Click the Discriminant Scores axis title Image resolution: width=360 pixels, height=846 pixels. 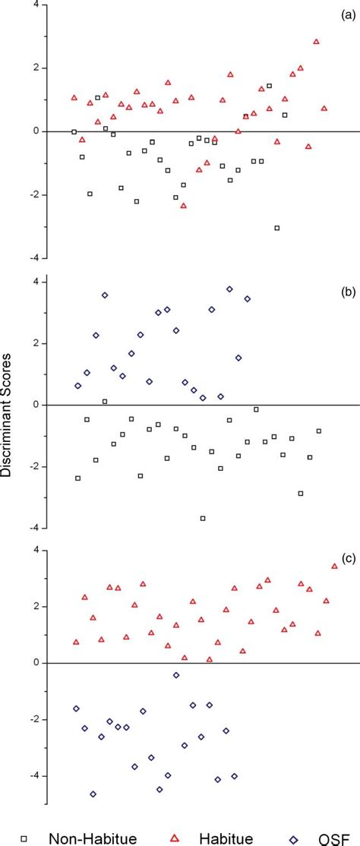click(x=10, y=426)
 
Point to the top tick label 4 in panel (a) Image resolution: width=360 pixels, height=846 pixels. click(x=36, y=5)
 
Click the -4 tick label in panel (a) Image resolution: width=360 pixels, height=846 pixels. click(x=33, y=257)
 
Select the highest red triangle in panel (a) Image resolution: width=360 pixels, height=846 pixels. click(x=316, y=42)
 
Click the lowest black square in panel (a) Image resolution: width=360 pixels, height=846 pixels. click(x=277, y=228)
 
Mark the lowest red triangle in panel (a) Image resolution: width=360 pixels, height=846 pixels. click(x=183, y=205)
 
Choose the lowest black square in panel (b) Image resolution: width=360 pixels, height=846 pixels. click(x=203, y=518)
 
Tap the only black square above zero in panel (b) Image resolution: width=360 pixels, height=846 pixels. click(x=105, y=401)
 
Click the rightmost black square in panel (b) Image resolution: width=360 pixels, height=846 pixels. click(x=319, y=431)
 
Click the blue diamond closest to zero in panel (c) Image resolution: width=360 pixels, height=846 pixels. click(x=176, y=675)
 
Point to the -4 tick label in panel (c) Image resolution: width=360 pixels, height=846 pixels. click(x=33, y=775)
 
